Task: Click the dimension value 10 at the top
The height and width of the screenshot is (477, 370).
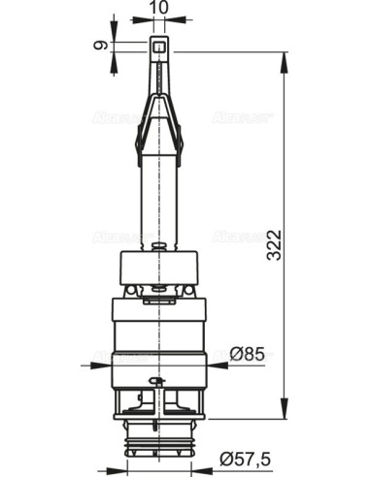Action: click(159, 9)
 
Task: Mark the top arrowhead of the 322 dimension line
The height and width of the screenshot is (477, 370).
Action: click(286, 56)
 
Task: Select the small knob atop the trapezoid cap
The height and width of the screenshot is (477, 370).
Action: click(159, 246)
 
